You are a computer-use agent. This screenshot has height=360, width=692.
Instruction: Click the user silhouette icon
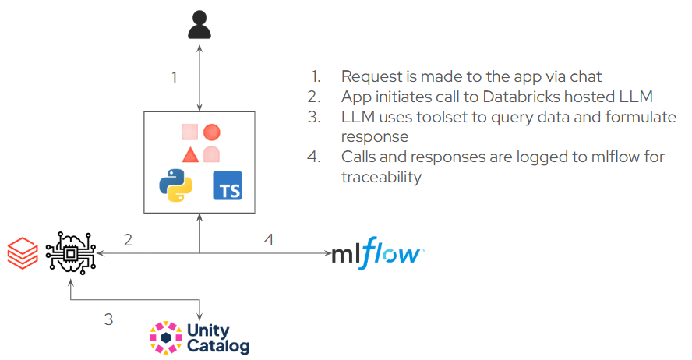pos(199,25)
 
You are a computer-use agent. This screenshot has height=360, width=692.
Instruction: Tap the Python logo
pos(175,185)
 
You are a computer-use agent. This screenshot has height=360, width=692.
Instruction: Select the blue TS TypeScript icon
pos(228,185)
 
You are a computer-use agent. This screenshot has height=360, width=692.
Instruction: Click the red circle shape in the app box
pos(212,132)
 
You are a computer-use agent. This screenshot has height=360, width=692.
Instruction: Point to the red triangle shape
pos(190,156)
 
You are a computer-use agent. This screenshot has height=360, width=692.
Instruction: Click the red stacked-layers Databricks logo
pos(23,252)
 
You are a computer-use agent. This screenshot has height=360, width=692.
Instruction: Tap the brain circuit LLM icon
pos(71,254)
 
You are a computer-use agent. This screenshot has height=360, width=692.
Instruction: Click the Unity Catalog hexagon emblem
pos(166,338)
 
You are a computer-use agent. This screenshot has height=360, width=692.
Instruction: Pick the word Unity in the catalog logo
pos(208,330)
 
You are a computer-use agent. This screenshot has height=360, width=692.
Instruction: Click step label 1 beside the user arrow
pos(175,78)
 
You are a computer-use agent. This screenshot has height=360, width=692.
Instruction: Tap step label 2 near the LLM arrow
pos(128,240)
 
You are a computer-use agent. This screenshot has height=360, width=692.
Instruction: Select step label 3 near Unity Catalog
pos(108,319)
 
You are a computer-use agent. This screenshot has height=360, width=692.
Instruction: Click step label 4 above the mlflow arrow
pos(269,240)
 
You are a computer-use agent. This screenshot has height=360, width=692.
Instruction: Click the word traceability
pos(381,178)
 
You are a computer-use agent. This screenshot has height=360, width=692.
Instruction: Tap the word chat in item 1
pos(586,77)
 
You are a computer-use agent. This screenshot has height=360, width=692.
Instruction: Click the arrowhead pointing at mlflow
pos(327,253)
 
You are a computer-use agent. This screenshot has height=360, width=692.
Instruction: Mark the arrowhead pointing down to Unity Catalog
pos(199,316)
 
